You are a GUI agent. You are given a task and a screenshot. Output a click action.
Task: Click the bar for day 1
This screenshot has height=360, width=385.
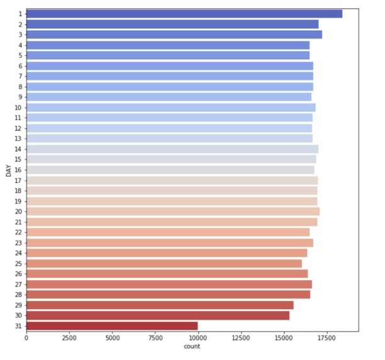184,14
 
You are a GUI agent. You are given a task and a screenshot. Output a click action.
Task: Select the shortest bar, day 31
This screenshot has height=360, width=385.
112,325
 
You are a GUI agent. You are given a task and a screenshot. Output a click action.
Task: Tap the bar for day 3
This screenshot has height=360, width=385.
174,35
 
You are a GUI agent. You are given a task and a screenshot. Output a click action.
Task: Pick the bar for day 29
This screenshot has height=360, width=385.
160,305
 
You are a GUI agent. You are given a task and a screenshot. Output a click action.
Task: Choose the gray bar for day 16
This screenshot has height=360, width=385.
170,170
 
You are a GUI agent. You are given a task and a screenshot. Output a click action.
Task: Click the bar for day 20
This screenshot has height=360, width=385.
172,211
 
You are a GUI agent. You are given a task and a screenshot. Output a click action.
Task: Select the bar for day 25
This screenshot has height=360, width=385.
164,263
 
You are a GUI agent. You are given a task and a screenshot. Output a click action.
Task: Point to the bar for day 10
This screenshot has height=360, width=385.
170,107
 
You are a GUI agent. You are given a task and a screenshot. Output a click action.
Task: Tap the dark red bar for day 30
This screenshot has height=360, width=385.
157,315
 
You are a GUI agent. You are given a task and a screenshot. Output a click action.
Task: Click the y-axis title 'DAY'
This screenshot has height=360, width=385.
9,170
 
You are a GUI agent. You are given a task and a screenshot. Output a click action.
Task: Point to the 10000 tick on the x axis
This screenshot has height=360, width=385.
198,338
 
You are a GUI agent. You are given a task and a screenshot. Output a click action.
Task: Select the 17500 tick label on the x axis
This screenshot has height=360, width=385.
326,338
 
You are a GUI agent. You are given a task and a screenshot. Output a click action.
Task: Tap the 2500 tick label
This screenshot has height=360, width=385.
69,338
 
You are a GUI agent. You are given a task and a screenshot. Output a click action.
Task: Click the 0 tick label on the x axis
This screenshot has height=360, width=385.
26,338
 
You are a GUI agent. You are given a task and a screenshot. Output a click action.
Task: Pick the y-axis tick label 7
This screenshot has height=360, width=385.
20,76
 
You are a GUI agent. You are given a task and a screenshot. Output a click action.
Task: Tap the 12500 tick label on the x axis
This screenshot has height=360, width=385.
240,338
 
